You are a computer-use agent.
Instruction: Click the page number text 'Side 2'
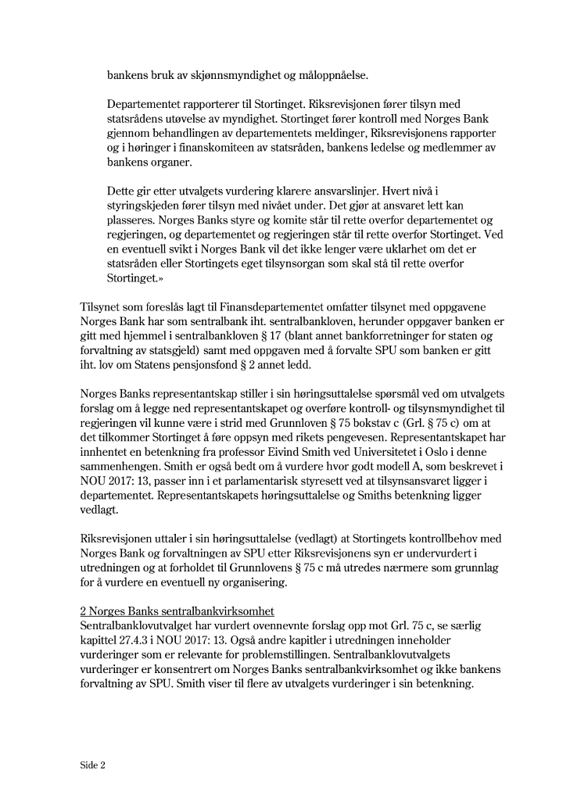pos(92,764)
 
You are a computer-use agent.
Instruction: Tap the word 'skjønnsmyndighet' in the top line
pos(216,76)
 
